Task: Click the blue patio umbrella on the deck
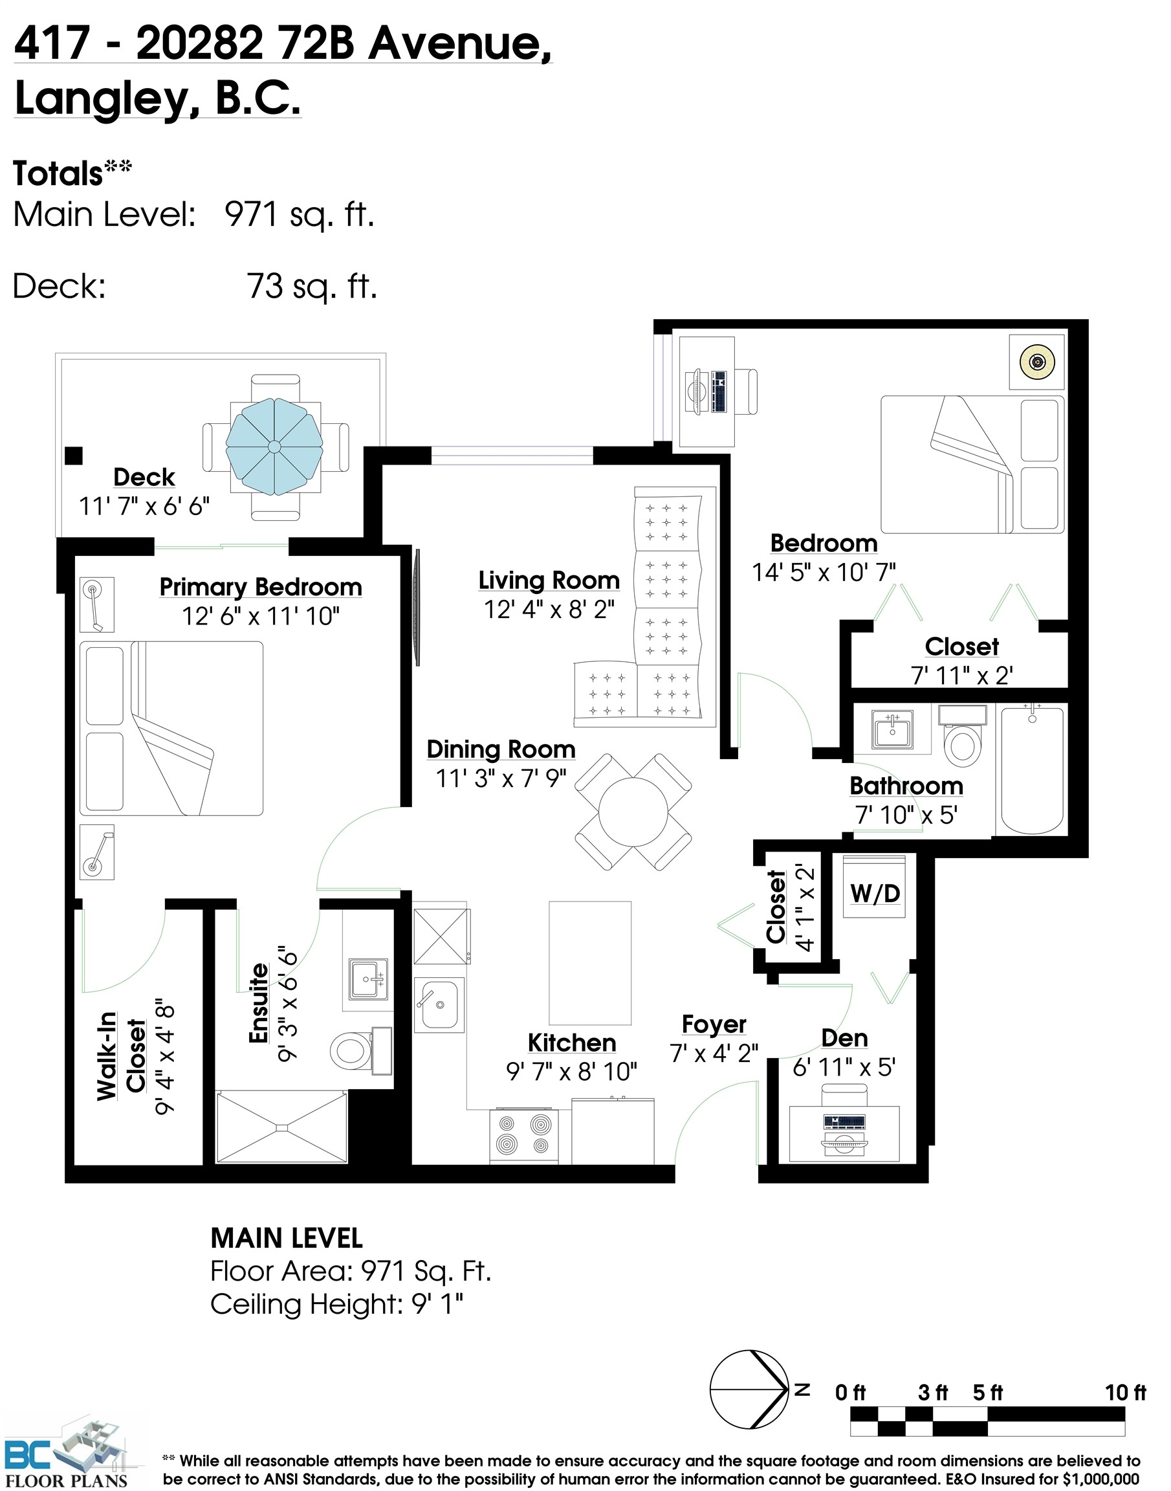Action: (x=274, y=447)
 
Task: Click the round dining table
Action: (x=633, y=812)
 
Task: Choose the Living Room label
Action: (x=549, y=580)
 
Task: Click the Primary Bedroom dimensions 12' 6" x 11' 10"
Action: (x=261, y=616)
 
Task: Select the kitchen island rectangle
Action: (x=589, y=962)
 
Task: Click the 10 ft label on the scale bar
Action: (x=1124, y=1392)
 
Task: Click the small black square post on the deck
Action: (x=73, y=456)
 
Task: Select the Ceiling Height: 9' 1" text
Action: (x=336, y=1304)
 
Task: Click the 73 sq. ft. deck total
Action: (x=312, y=286)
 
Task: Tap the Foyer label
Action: (x=714, y=1024)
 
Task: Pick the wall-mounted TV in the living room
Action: (x=416, y=607)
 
